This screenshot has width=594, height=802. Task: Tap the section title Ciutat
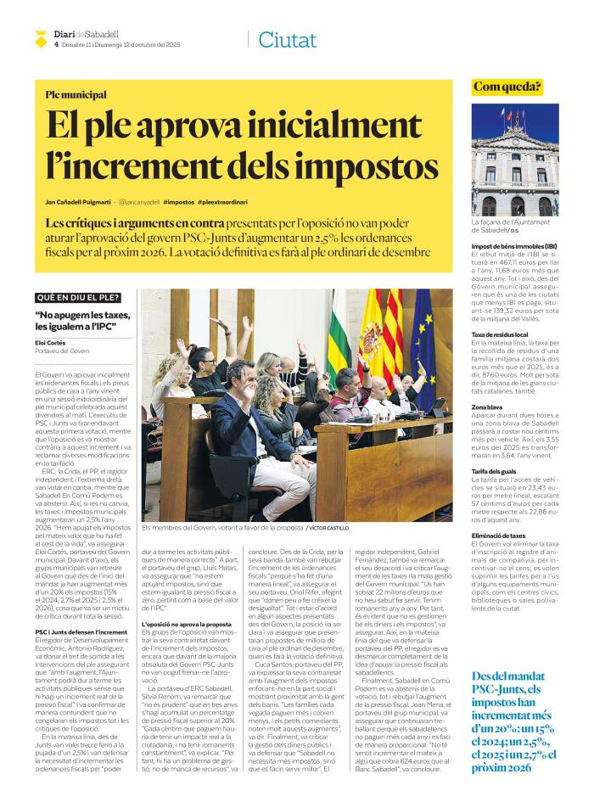click(287, 39)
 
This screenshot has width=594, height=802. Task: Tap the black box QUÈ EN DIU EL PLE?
click(78, 298)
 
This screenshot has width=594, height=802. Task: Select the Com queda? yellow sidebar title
click(507, 87)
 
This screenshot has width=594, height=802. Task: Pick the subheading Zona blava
click(488, 407)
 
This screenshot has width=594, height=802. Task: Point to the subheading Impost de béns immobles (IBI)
click(514, 246)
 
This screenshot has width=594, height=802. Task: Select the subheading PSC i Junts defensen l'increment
click(81, 632)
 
